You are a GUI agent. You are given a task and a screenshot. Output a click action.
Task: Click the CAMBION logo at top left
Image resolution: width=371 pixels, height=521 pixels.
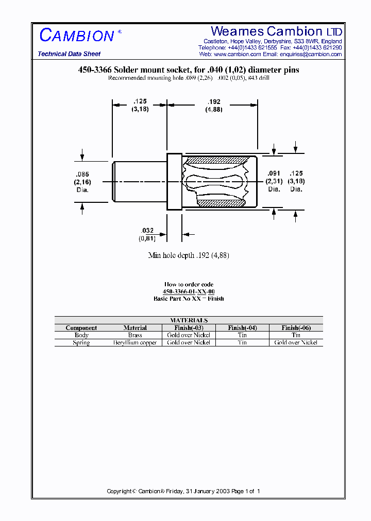(77, 36)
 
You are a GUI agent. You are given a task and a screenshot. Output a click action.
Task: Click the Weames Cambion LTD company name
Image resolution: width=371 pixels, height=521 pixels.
(276, 31)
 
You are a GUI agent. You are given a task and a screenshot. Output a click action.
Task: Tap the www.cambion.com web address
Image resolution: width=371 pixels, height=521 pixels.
(237, 54)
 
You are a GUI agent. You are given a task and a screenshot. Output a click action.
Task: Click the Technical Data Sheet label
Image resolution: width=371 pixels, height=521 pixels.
(69, 54)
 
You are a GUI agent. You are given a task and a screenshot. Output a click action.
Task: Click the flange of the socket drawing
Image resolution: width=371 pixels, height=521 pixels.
(174, 181)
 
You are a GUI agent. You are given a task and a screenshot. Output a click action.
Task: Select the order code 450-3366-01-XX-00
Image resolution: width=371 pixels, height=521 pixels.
(189, 291)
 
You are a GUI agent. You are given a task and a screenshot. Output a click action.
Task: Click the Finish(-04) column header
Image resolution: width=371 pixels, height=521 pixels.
(242, 328)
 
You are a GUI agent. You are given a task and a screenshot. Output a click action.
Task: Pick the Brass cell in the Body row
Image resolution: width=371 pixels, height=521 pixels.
(135, 335)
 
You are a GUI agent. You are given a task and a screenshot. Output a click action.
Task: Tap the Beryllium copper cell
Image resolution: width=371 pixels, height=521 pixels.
(135, 342)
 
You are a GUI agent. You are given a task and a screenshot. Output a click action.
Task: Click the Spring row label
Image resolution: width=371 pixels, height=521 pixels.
(81, 342)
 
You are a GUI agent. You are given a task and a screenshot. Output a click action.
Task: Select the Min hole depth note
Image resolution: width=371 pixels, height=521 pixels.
(189, 255)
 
